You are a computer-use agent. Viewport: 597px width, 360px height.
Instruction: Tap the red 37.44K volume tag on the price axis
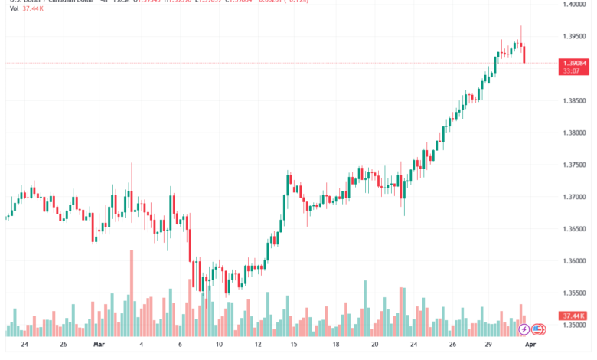573,316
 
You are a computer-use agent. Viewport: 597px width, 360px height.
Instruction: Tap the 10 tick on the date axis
219,345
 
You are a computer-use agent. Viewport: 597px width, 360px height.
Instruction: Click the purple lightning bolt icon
524,329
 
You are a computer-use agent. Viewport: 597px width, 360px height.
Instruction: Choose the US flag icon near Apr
537,329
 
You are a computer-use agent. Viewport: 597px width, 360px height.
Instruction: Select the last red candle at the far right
525,54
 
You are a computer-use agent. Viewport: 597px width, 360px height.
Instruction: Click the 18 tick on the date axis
335,345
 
